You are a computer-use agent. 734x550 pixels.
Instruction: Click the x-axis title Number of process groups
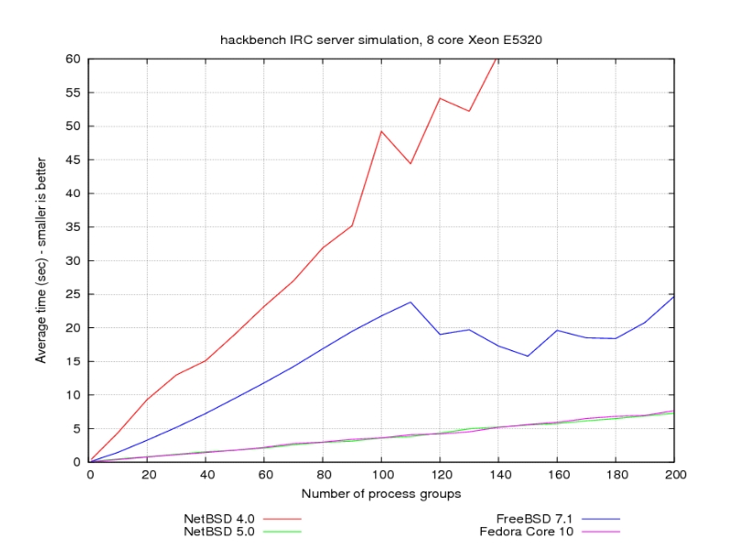tap(382, 494)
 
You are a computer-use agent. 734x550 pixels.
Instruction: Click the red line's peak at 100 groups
tap(382, 131)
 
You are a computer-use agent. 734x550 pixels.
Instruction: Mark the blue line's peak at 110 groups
tap(411, 302)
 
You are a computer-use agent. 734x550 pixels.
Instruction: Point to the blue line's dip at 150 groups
tap(528, 356)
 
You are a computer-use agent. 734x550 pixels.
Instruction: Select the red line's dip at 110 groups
tap(411, 164)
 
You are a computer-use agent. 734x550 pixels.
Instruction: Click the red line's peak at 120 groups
tap(440, 98)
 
